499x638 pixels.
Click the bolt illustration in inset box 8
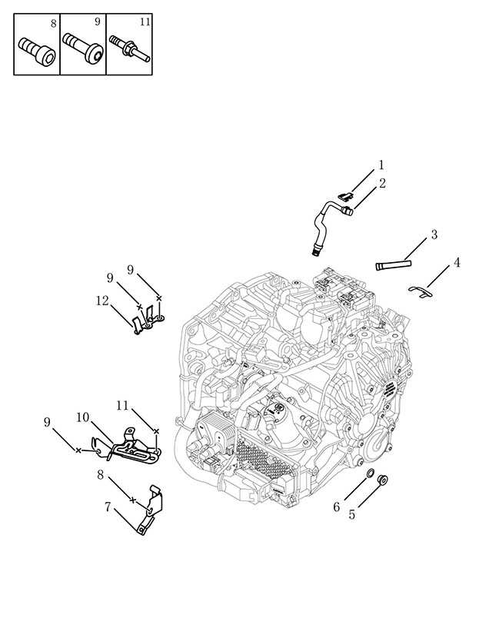(x=37, y=52)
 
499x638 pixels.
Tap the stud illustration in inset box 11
(x=129, y=49)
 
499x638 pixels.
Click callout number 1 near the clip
(x=381, y=165)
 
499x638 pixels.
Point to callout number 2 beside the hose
(x=382, y=184)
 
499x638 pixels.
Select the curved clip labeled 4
(x=421, y=291)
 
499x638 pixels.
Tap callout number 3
(x=434, y=234)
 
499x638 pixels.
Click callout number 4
(x=457, y=263)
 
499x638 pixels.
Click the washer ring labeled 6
(x=371, y=474)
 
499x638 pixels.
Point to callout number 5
(x=351, y=515)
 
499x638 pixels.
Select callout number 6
(x=336, y=507)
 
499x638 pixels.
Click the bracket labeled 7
(x=151, y=509)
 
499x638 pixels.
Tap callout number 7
(x=108, y=507)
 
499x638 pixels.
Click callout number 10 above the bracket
(x=82, y=417)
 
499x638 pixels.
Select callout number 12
(x=102, y=301)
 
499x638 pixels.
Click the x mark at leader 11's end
(x=155, y=430)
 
